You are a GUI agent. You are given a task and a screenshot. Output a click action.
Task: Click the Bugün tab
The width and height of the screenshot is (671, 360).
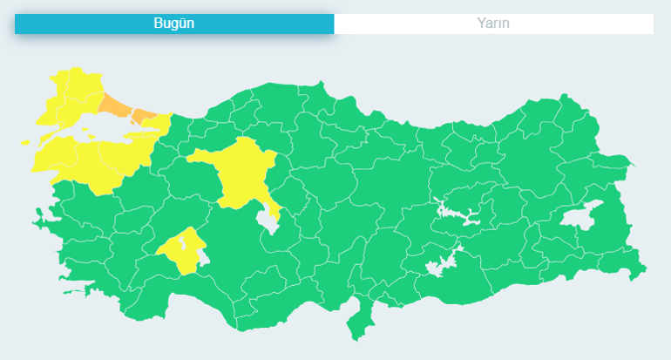click(x=173, y=24)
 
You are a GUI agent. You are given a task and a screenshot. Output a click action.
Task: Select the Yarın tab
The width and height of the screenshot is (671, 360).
click(x=493, y=24)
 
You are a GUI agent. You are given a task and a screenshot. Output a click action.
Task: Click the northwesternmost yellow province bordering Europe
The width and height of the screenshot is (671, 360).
click(x=70, y=88)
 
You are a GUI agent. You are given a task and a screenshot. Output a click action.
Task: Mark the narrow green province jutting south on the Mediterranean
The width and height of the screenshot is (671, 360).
click(x=356, y=319)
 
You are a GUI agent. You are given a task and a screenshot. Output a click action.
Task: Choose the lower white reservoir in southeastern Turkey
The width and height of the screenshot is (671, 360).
click(x=440, y=262)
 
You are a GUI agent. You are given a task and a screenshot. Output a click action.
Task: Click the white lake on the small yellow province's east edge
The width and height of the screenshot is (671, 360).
click(x=204, y=256)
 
